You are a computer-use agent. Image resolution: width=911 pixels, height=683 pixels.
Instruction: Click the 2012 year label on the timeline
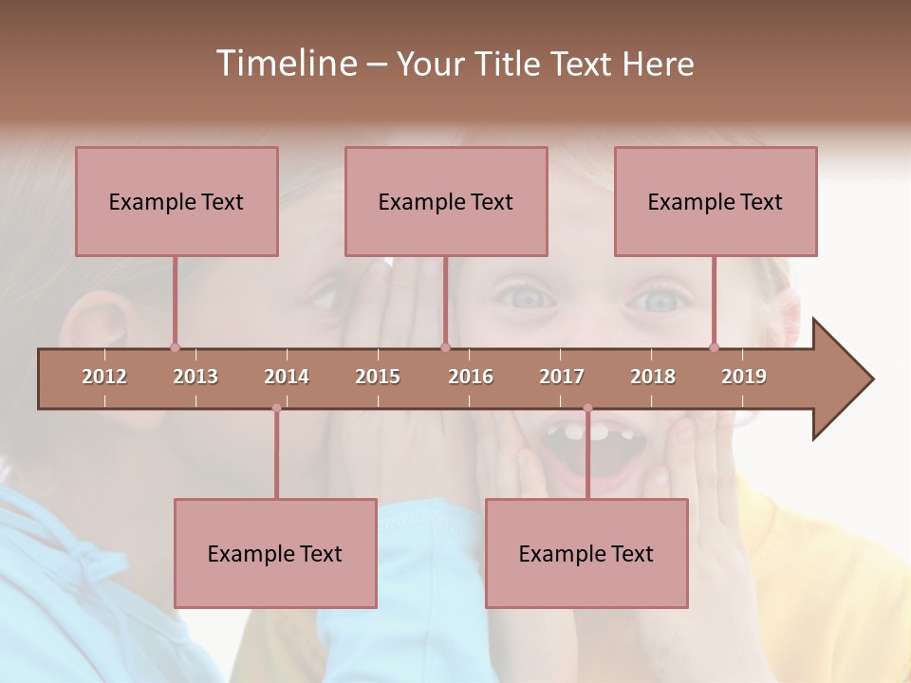[104, 377]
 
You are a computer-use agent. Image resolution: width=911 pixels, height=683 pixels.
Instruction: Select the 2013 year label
[195, 377]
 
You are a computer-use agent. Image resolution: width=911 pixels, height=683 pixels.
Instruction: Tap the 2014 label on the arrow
[287, 377]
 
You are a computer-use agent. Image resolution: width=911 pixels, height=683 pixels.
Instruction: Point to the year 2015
[378, 377]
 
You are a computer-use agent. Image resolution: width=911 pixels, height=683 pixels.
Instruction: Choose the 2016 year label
[471, 377]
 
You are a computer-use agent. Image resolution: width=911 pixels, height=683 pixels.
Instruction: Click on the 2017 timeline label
[562, 377]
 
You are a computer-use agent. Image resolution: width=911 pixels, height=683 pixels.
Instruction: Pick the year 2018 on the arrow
[653, 377]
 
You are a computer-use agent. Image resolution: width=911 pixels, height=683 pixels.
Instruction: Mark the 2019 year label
[744, 377]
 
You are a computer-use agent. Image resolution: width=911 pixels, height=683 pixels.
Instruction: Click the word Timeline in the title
[286, 64]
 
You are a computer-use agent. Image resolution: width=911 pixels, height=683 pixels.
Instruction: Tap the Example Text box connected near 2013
[177, 201]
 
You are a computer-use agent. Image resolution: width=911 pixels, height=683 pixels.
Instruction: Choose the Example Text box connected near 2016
[446, 201]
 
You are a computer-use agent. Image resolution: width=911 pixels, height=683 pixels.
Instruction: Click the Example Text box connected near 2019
[716, 201]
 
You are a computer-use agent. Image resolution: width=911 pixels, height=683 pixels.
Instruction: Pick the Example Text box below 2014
[275, 553]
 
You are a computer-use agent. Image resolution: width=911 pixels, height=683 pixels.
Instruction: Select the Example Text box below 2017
[586, 553]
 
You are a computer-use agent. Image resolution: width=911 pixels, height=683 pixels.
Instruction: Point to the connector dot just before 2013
[175, 347]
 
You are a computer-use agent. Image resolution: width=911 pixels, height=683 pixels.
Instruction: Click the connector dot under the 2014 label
[276, 408]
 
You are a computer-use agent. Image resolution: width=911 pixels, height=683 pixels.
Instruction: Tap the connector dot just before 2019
[714, 347]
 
